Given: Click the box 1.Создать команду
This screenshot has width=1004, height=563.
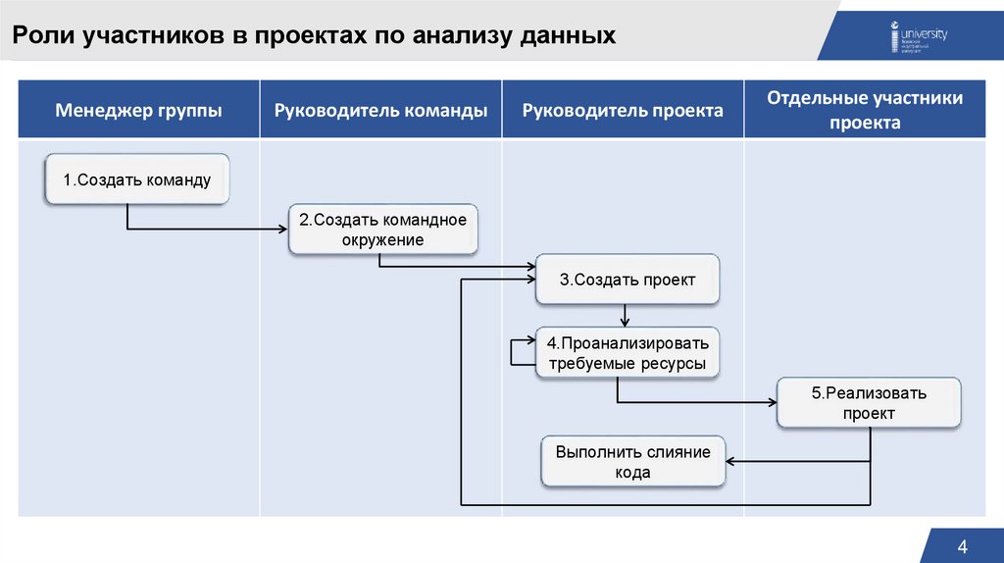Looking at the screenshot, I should pyautogui.click(x=137, y=179).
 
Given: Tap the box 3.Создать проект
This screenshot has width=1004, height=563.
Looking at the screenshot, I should pyautogui.click(x=627, y=280).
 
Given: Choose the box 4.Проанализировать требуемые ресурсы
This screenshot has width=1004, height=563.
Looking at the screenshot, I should pyautogui.click(x=627, y=353).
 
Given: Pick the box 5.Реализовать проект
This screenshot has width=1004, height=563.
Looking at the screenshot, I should pyautogui.click(x=869, y=403).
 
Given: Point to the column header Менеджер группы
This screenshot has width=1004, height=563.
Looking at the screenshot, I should pyautogui.click(x=138, y=110).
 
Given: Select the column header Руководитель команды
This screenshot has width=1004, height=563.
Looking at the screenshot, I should pyautogui.click(x=380, y=110).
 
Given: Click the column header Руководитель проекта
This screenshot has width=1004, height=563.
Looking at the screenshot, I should pyautogui.click(x=623, y=110).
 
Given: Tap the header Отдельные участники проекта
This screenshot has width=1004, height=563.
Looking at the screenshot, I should pyautogui.click(x=865, y=110).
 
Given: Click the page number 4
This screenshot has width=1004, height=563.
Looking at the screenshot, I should pyautogui.click(x=962, y=546).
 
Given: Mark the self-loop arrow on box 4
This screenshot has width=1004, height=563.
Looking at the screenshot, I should pyautogui.click(x=514, y=352).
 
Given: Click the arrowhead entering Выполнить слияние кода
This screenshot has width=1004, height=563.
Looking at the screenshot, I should pyautogui.click(x=731, y=462).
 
